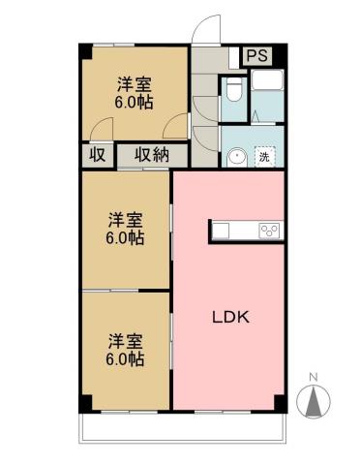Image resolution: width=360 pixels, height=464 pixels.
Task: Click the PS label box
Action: tap(257, 56)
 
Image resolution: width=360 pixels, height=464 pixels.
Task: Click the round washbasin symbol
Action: tap(235, 155)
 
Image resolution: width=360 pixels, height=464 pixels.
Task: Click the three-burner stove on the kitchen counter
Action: tap(269, 231)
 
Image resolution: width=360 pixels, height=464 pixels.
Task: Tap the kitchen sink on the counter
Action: tap(222, 231)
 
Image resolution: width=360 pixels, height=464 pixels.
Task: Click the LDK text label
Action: tap(232, 317)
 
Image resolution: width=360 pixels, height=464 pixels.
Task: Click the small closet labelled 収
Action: tap(97, 155)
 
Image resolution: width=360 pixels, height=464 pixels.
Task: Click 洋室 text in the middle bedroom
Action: tap(126, 219)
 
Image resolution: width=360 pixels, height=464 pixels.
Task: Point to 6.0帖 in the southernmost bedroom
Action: tap(126, 359)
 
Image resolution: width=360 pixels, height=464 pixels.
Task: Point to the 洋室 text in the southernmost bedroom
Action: tap(126, 341)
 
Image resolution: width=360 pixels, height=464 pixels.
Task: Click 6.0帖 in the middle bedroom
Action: tap(126, 237)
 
